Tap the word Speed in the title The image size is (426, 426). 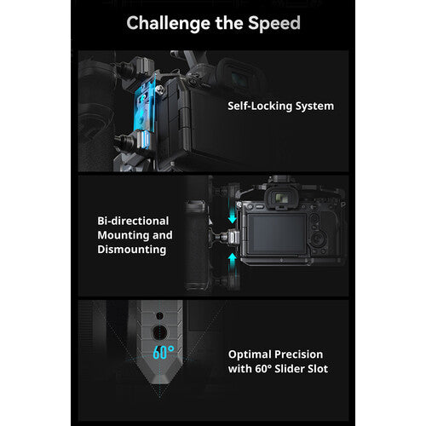[x=274, y=23]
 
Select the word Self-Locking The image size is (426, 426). [x=260, y=106]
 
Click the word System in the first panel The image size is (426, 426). [x=314, y=106]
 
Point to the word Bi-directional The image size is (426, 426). [x=133, y=221]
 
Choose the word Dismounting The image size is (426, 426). [x=132, y=250]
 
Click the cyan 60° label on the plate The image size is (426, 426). [x=164, y=353]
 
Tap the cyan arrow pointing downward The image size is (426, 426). [x=233, y=215]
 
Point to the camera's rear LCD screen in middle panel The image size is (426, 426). [x=277, y=233]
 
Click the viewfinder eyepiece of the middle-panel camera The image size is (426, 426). [x=280, y=198]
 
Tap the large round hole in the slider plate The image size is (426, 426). [x=159, y=332]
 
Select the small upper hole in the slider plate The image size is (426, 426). [x=159, y=315]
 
